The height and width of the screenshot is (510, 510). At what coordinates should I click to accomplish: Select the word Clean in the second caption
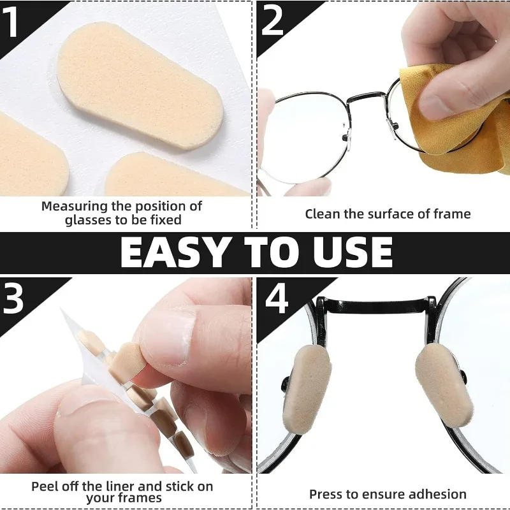(x=323, y=214)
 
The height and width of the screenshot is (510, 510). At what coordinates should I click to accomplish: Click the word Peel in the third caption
(x=44, y=486)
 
